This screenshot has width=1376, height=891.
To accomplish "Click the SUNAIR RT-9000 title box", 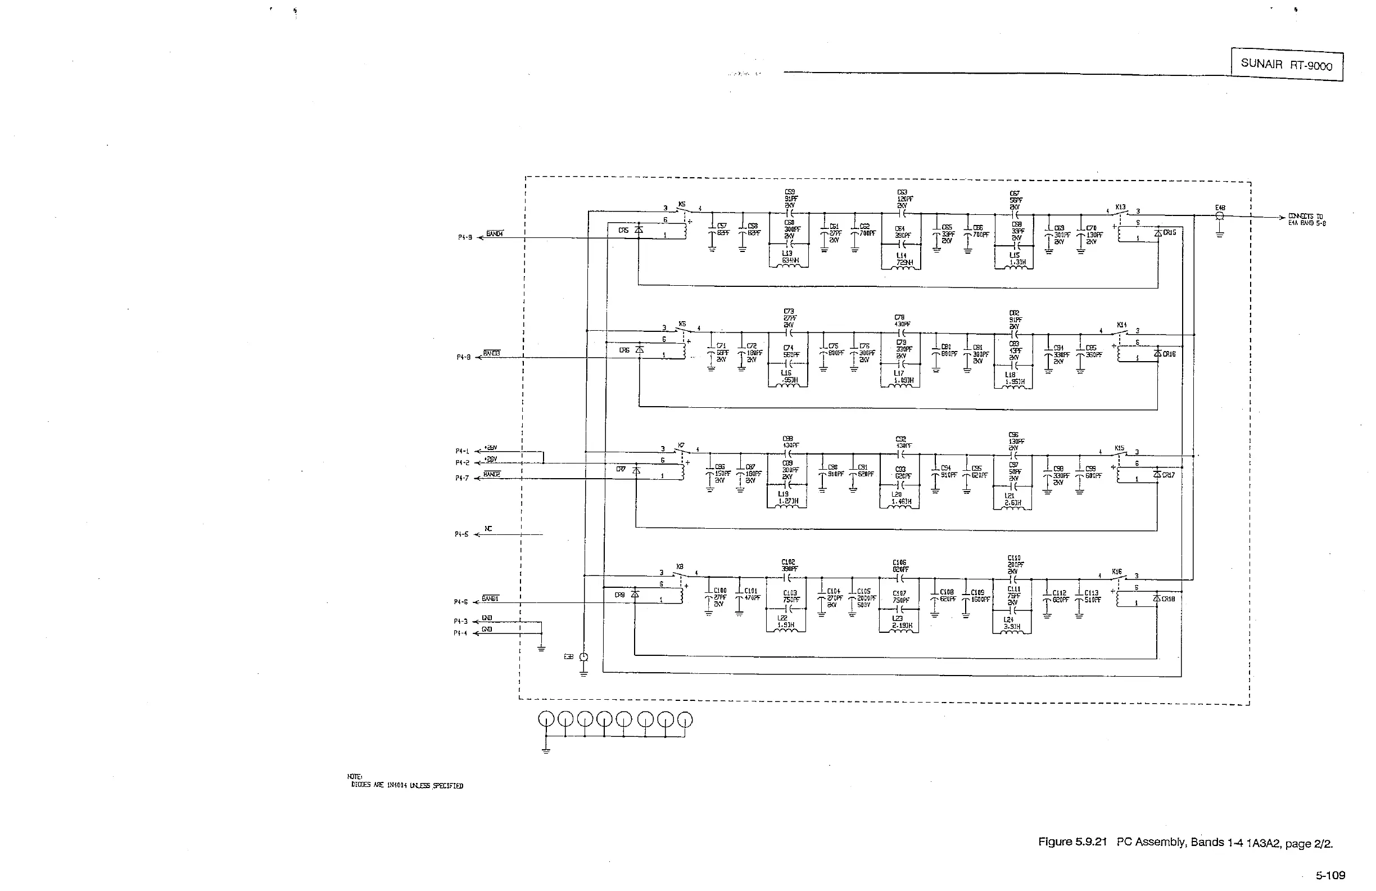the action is point(1287,65).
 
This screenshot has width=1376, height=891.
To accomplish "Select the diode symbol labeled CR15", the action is point(1157,232).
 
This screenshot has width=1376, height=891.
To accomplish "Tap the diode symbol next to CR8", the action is point(635,594).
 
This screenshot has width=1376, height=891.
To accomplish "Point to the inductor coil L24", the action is point(1011,631).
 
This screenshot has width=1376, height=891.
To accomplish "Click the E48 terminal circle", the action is point(1219,216).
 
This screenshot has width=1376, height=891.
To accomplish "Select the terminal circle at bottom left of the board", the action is point(583,657).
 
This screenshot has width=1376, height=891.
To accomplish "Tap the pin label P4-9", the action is point(465,237).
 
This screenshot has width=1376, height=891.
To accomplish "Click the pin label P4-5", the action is point(461,534).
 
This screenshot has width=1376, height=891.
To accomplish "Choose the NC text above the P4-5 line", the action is point(488,528).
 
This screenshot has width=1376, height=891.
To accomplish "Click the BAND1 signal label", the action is point(490,598).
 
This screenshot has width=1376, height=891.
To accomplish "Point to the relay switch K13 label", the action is point(1120,207).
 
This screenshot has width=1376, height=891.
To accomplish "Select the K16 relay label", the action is point(1117,571).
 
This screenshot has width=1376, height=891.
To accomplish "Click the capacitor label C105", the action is point(864,592).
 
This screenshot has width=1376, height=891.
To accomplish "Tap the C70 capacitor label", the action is point(1091,228).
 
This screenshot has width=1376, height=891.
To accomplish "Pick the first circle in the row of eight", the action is point(546,719).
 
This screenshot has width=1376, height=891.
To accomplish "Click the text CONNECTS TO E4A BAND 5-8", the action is point(1307,220).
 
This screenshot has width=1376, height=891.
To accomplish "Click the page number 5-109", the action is point(1330,875).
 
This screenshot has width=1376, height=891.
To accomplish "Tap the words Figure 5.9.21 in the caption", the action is point(1072,842).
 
